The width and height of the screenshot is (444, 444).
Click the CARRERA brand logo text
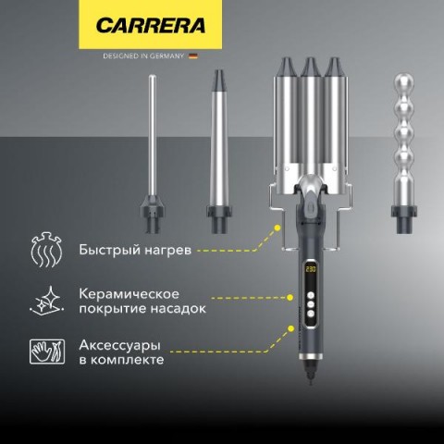point(151,25)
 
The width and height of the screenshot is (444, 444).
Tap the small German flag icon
point(193,56)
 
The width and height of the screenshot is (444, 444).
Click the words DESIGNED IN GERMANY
point(143,56)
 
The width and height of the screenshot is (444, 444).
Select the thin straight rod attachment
point(152,154)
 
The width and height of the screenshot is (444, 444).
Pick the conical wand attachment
point(219,152)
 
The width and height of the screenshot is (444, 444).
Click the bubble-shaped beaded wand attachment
point(404,154)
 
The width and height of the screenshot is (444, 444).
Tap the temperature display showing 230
point(311,269)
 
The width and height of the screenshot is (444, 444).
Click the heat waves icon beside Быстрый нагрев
point(46,250)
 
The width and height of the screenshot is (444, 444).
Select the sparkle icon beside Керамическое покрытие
point(47,301)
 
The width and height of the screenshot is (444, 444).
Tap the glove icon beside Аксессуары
point(47,351)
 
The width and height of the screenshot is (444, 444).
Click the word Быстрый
point(105,250)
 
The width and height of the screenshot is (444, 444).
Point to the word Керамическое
point(129,294)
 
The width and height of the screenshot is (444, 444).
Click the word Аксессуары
point(119,345)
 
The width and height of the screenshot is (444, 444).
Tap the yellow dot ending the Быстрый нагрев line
point(277,228)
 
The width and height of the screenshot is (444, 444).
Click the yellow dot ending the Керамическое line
point(290,298)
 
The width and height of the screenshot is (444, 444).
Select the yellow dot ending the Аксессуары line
point(290,328)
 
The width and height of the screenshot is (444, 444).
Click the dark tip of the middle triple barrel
point(311,67)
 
